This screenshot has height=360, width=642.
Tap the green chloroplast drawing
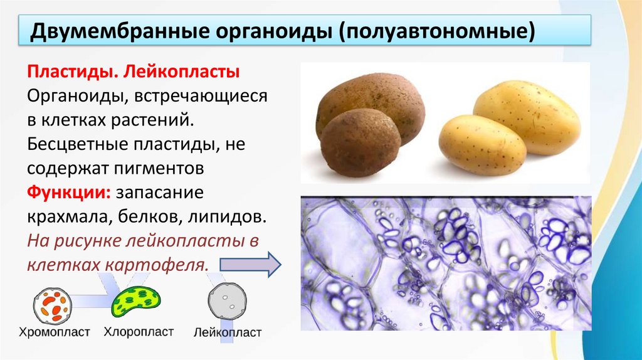137,300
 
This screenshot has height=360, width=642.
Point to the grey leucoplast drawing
227,302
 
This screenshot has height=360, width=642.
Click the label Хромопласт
55,332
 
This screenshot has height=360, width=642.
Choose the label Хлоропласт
139,331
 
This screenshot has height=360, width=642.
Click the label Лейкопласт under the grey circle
228,332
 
